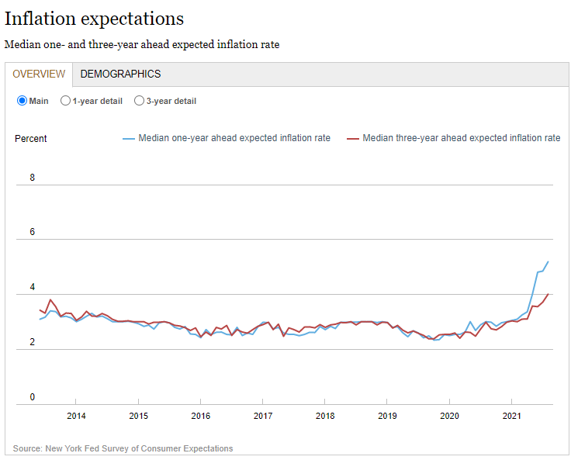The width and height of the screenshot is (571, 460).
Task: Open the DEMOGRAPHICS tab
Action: coord(120,74)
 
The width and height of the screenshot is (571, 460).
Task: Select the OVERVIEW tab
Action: coord(39,74)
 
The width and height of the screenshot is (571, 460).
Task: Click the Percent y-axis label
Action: coord(31,139)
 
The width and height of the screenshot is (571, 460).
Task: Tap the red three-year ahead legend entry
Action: coord(453,138)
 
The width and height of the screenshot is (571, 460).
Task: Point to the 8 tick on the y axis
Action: coord(33,178)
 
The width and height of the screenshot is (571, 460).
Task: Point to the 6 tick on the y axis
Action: coord(33,232)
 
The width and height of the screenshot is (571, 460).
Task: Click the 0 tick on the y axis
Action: coord(33,398)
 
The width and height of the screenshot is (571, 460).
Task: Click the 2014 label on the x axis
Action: coord(76,417)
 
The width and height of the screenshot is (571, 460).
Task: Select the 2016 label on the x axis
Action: coord(200,417)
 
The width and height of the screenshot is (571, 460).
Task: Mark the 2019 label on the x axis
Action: coord(387,417)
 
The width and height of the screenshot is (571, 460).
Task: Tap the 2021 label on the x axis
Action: coord(512,417)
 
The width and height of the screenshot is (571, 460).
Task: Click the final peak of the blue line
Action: coord(549,261)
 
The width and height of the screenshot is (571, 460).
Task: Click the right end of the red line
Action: coord(549,294)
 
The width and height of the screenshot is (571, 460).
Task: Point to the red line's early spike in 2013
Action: coord(50,300)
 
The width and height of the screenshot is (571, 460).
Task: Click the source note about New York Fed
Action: coord(123,448)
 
